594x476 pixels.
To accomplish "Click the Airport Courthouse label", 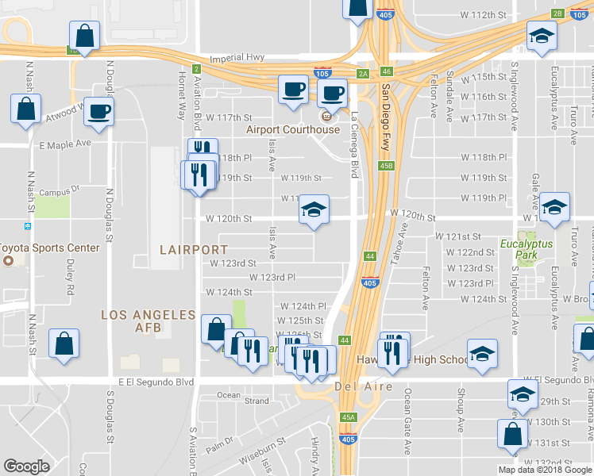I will coord(292,130).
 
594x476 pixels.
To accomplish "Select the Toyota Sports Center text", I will coord(50,248).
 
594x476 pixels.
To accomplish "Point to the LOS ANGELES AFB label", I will coord(148,315).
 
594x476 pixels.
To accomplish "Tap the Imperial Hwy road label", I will coord(236,59).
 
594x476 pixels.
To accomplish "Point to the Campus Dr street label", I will coord(60,191).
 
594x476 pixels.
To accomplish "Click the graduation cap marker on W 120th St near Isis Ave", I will coord(314,211).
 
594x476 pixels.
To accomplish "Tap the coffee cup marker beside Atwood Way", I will coord(98,111).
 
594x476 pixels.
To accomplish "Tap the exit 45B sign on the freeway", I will coord(387,166).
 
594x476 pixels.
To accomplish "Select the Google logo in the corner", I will coord(27,466).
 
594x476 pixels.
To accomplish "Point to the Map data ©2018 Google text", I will coord(545,470).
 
